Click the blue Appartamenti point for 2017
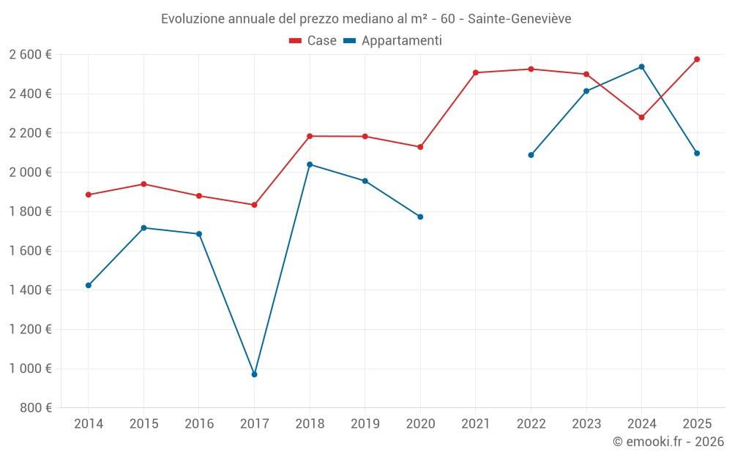(254, 374)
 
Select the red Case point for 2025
(697, 59)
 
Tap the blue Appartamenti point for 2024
(641, 67)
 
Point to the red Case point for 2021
(476, 72)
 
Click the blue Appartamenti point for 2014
(89, 285)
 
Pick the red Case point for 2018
(310, 136)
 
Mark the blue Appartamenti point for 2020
(420, 216)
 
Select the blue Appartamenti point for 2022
(531, 155)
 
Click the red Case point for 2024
(641, 117)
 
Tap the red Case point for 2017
(254, 205)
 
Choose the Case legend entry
(313, 41)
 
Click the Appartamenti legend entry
(393, 41)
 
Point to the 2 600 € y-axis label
(30, 54)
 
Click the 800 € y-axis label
(34, 407)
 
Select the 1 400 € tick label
(30, 290)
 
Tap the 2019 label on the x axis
(365, 423)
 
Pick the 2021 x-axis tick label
(476, 423)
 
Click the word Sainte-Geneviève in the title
(520, 19)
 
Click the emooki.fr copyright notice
(668, 442)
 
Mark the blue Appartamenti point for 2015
(143, 227)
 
